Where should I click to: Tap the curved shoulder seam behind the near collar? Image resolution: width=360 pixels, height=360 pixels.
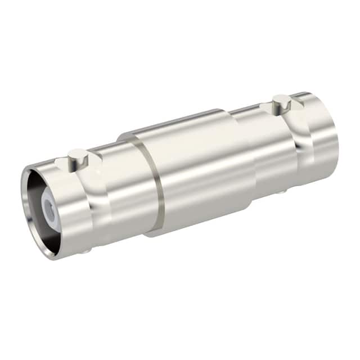pos(104,202)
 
